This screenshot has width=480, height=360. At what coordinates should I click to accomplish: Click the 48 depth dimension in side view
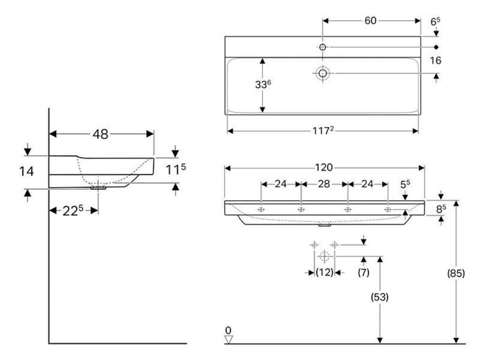tap(100, 134)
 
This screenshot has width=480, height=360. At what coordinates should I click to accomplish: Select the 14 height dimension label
tap(26, 172)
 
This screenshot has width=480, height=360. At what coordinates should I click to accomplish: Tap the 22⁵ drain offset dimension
tap(73, 210)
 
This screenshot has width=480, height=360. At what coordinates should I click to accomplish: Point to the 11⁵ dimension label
tap(175, 169)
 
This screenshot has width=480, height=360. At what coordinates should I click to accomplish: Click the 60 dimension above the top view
tap(370, 21)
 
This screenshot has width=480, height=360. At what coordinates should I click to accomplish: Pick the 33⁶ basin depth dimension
tap(263, 84)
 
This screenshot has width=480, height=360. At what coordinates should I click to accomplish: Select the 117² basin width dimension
tap(323, 131)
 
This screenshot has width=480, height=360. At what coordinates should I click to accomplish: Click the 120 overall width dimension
tap(324, 167)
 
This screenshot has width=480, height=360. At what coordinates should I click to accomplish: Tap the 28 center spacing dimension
tap(324, 184)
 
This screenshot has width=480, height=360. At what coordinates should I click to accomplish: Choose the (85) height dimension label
tap(456, 273)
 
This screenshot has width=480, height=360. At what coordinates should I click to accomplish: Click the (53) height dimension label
tap(380, 297)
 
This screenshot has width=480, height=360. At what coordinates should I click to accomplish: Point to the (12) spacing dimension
tap(324, 272)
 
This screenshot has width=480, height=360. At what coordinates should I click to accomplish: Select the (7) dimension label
tap(364, 272)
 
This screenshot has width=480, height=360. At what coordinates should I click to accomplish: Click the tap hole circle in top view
tap(322, 47)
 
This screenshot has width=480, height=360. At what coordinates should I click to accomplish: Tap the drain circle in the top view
tap(322, 74)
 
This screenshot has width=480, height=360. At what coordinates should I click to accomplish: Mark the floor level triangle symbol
tap(229, 339)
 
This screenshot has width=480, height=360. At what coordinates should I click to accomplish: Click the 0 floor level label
tap(228, 330)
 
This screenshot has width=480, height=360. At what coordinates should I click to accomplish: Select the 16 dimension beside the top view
tap(435, 60)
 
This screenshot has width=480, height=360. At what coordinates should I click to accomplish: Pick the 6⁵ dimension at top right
tap(435, 21)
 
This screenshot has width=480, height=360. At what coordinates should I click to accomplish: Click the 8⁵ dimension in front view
tap(441, 209)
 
